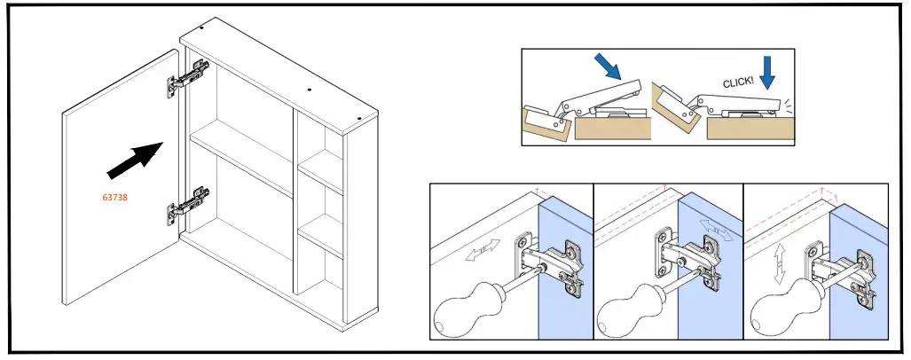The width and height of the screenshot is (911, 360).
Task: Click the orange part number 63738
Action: (115, 198)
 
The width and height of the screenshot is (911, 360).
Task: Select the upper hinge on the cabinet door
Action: (188, 77)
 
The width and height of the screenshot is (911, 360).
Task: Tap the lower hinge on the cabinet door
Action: (188, 205)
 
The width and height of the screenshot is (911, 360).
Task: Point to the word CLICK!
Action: (738, 82)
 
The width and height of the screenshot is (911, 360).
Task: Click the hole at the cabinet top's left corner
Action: (204, 27)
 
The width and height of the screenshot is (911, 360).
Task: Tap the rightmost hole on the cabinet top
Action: (357, 117)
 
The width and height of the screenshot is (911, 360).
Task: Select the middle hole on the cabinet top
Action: (308, 90)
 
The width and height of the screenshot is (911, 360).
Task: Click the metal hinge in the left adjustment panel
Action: (550, 262)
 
